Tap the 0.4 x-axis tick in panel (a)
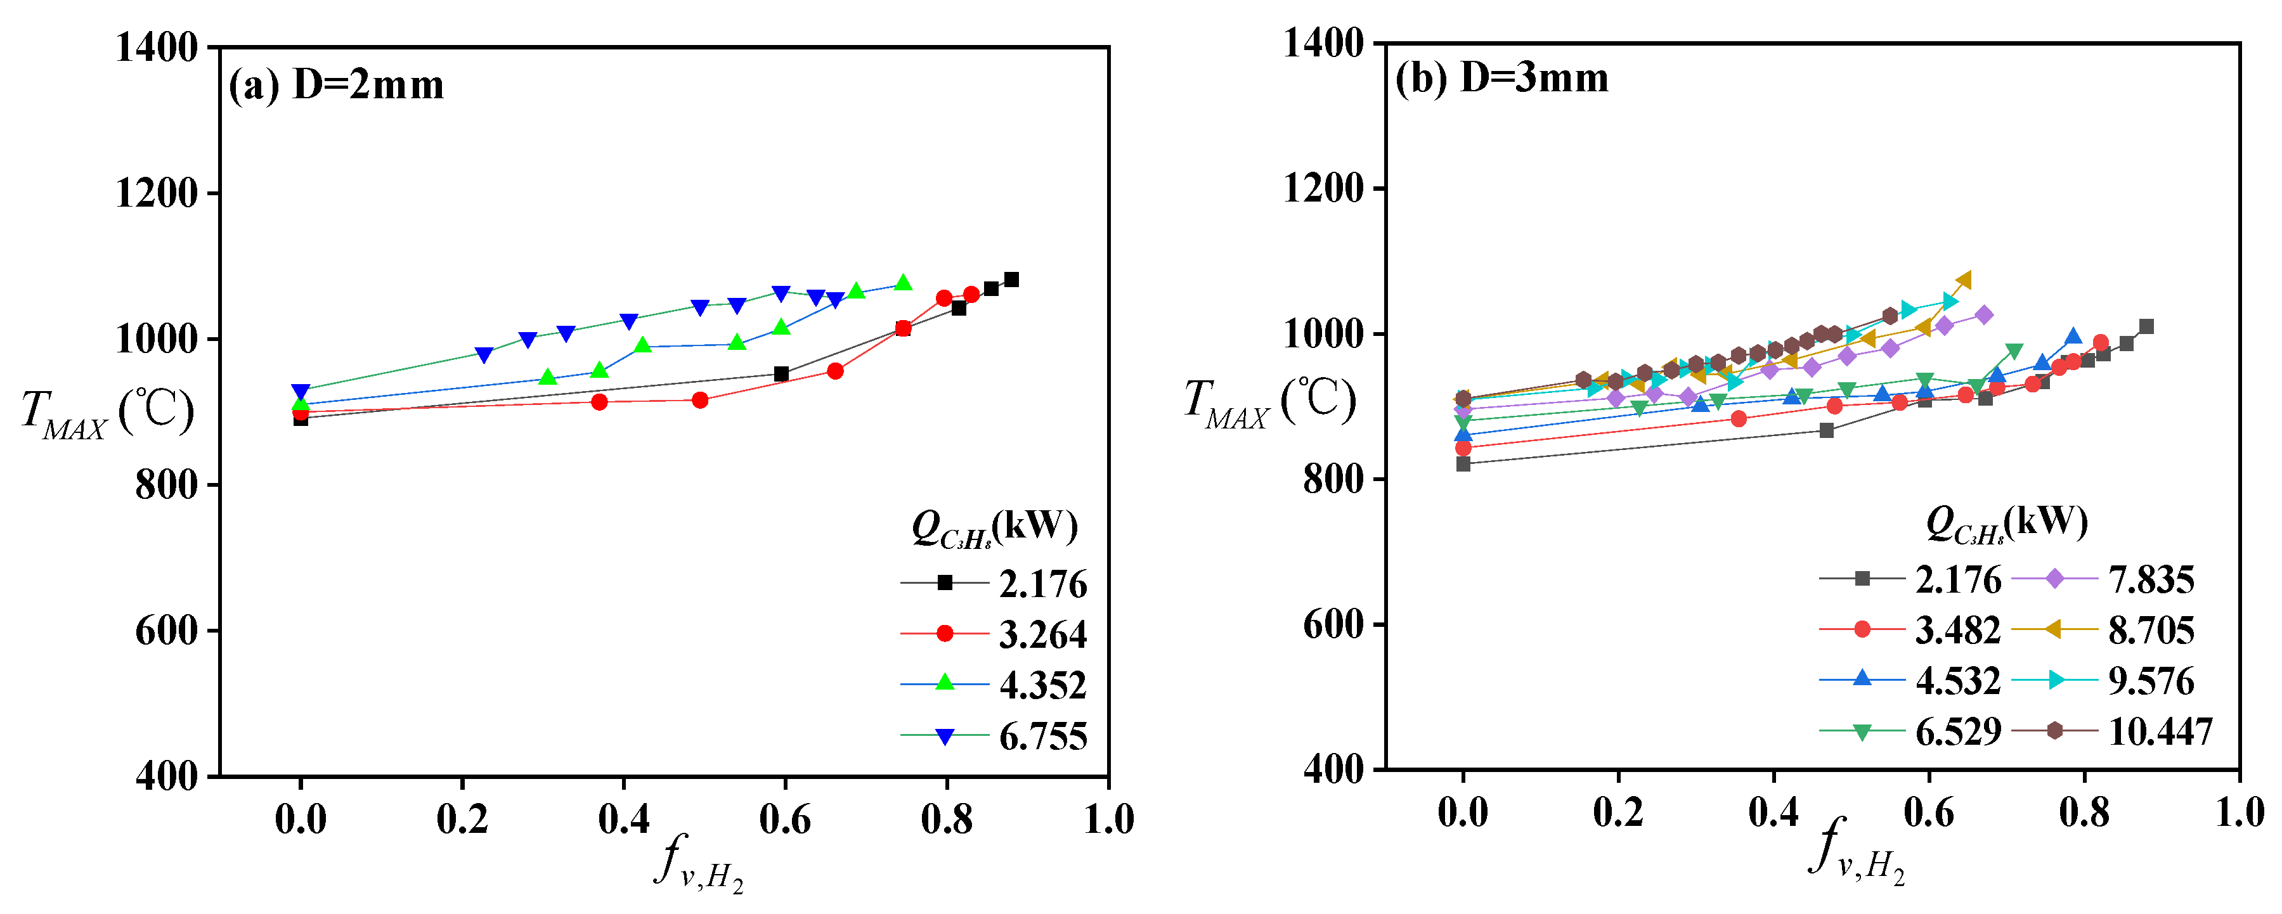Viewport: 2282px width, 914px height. pyautogui.click(x=624, y=818)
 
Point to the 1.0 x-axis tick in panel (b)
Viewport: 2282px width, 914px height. pyautogui.click(x=2240, y=812)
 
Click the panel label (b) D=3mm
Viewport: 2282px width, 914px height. pyautogui.click(x=1501, y=79)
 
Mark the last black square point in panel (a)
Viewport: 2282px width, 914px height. pyautogui.click(x=1011, y=280)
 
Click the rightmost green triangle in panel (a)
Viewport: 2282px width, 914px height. pyautogui.click(x=903, y=283)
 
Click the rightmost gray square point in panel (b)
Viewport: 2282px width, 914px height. pyautogui.click(x=2146, y=327)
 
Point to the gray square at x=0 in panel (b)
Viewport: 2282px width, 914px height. pyautogui.click(x=1463, y=464)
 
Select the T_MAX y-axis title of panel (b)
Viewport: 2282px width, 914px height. pyautogui.click(x=1269, y=403)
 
